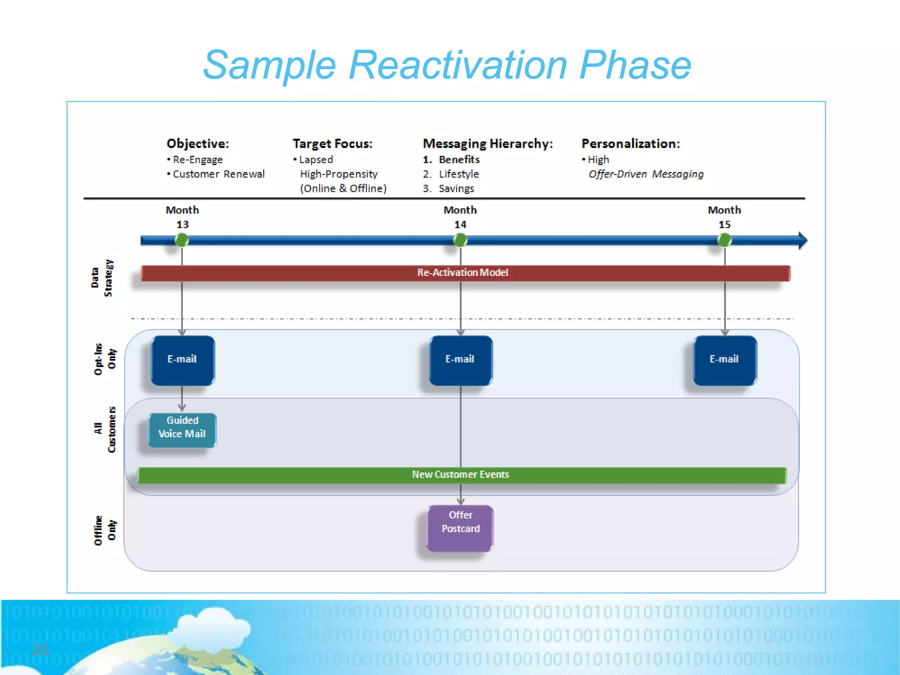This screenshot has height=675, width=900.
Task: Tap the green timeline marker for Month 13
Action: click(x=182, y=240)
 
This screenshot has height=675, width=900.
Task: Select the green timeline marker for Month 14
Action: click(x=460, y=240)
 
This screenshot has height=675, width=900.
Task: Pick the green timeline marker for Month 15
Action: click(x=725, y=240)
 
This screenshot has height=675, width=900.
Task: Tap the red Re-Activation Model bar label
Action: click(x=462, y=273)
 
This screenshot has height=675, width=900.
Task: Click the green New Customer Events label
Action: click(x=460, y=475)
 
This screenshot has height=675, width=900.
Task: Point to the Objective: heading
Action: click(x=198, y=144)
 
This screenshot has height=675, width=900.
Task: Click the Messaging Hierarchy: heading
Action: click(x=487, y=144)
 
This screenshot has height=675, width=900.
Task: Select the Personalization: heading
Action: click(x=631, y=144)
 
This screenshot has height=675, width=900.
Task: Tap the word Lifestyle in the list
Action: click(x=458, y=174)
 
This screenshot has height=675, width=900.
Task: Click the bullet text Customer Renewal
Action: click(x=218, y=174)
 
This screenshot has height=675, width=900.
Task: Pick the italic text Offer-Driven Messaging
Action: click(x=646, y=174)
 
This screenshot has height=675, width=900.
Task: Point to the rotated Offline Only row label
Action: click(x=105, y=530)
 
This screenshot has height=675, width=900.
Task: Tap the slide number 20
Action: click(x=40, y=650)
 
